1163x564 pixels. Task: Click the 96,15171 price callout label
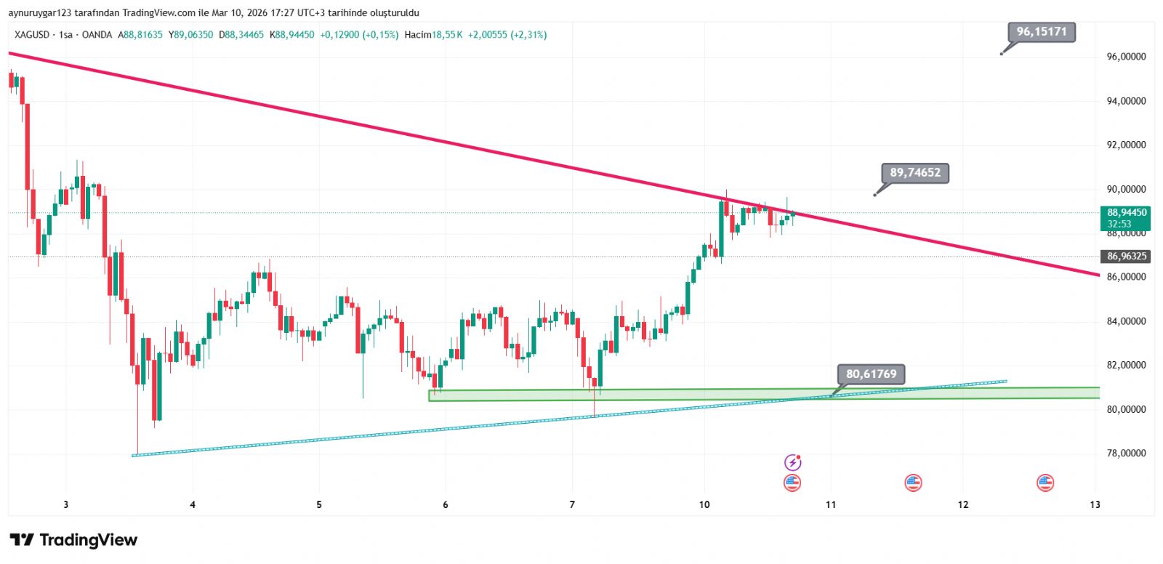(1041, 32)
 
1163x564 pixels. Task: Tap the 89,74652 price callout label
(915, 173)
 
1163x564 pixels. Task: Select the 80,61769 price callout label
(871, 374)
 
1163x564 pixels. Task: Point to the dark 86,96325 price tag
(1126, 257)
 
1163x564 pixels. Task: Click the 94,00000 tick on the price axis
(1126, 101)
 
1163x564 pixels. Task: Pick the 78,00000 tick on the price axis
(1126, 454)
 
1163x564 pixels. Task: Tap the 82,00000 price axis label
(1126, 365)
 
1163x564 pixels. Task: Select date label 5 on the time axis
(319, 504)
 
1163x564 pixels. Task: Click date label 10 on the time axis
(704, 504)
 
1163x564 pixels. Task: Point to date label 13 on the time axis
(1095, 504)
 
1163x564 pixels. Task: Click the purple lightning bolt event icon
(792, 462)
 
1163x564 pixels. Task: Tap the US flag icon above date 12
(913, 483)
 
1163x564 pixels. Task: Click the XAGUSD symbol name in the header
(32, 35)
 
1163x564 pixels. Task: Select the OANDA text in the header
(97, 35)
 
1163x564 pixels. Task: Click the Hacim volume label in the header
(418, 35)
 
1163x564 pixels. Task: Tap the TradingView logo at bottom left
(73, 540)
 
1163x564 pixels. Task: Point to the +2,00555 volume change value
(487, 35)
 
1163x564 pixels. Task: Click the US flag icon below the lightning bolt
(792, 483)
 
